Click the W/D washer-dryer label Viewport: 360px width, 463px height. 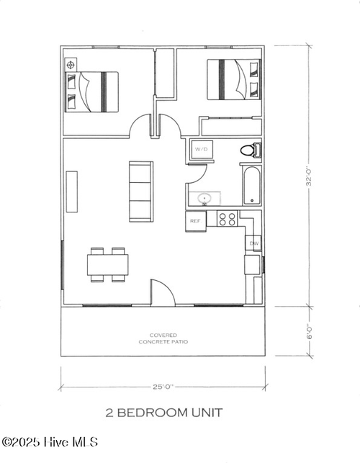(x=199, y=150)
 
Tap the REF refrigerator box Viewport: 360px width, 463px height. (x=195, y=221)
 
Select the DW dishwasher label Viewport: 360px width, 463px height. (x=253, y=244)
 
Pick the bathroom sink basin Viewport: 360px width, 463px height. (x=205, y=197)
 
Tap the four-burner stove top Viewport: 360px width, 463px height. (x=228, y=217)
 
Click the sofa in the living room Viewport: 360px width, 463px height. (x=140, y=192)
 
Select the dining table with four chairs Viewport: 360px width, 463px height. (x=108, y=264)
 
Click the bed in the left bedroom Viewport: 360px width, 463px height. (x=91, y=90)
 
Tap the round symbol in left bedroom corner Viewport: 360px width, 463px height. (x=71, y=65)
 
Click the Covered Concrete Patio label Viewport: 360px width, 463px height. (x=163, y=338)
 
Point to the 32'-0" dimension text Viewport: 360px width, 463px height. (x=308, y=176)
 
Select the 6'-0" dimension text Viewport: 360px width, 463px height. (x=309, y=331)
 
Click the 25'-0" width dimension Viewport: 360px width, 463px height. (x=163, y=387)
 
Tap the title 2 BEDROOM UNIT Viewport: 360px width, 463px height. (x=164, y=413)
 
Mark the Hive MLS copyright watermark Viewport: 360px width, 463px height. (x=50, y=441)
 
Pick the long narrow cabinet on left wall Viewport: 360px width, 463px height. (x=72, y=192)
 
